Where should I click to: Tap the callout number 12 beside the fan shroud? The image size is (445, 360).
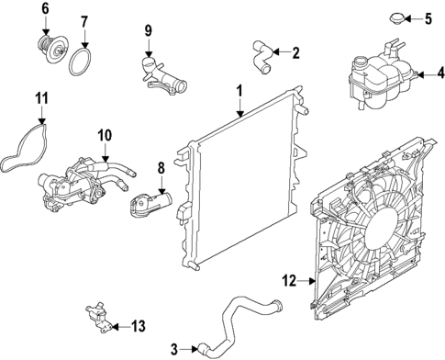pyautogui.click(x=286, y=282)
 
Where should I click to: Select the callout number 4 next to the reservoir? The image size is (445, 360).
pyautogui.click(x=439, y=73)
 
